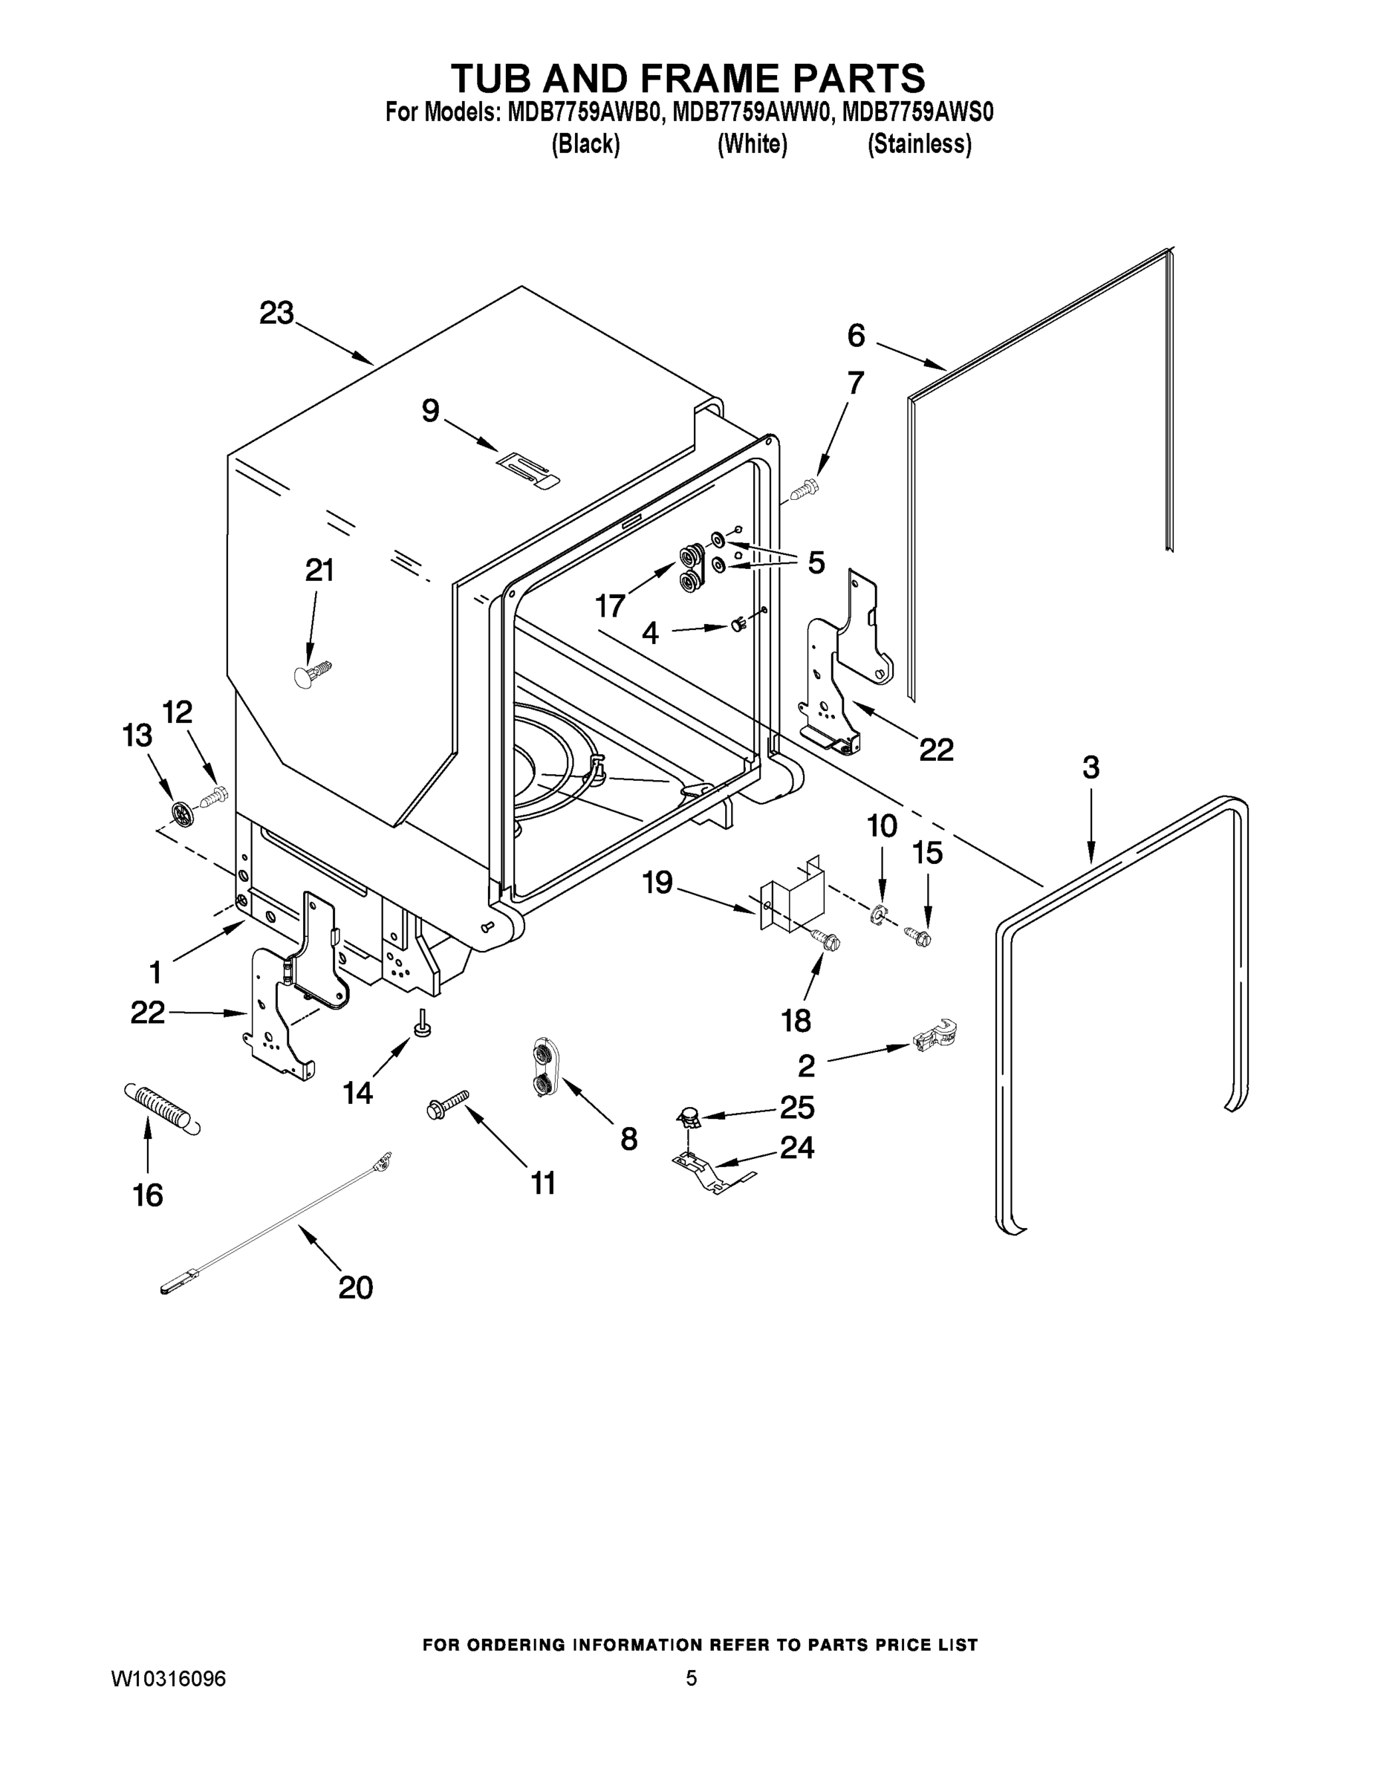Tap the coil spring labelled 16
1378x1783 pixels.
162,1108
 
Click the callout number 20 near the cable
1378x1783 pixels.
355,1287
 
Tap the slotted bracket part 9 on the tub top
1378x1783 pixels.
529,471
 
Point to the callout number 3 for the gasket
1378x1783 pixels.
1091,767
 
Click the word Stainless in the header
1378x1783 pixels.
919,145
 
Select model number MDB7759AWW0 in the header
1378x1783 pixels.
751,112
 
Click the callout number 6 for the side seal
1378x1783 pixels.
856,335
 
